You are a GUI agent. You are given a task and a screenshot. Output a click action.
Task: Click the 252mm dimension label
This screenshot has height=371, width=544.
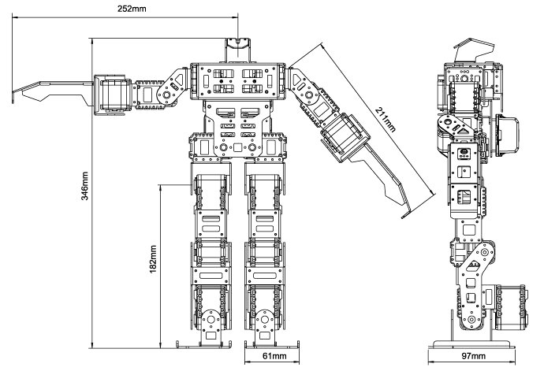point(132,9)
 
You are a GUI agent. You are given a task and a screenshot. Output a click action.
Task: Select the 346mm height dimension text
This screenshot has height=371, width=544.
point(84,186)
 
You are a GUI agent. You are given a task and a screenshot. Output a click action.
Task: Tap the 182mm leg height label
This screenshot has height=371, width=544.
point(153,259)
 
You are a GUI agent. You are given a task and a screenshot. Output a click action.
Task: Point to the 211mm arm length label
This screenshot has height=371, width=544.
point(385,120)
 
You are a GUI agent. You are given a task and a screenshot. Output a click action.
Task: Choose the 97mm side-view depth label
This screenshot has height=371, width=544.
point(473,356)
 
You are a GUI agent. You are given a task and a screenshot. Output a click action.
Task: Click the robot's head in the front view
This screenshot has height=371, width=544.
point(237,50)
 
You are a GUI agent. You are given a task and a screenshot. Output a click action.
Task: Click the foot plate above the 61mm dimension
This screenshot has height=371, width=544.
point(272,345)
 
